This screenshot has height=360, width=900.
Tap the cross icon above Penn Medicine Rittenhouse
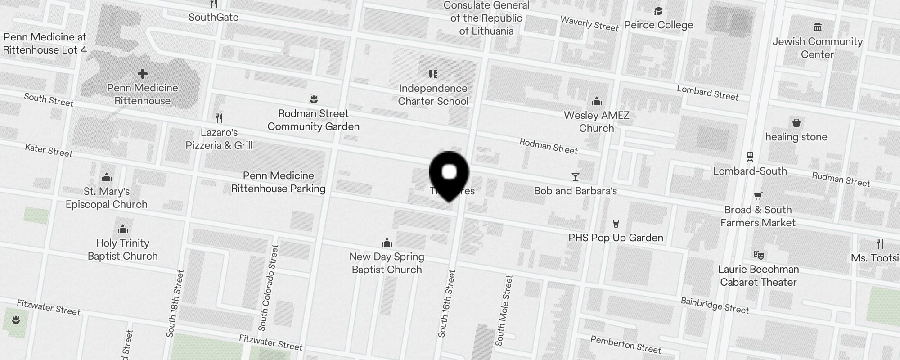143,74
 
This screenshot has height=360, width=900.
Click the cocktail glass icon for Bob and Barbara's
575,176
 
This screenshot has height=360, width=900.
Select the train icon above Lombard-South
750,157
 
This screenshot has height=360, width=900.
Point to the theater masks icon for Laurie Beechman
758,255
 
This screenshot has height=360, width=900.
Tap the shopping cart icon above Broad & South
758,196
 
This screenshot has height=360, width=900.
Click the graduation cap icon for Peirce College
658,11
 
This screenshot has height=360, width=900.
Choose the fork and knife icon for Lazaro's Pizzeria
219,118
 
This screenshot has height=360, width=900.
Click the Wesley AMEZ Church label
596,121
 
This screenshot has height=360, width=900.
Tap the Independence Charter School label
433,94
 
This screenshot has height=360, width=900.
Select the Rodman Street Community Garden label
313,120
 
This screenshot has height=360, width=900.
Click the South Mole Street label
504,310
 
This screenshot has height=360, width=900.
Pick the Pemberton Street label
625,344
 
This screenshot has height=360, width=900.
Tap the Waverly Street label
589,23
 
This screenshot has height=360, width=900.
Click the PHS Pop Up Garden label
616,238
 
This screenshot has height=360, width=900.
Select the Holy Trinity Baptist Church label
122,249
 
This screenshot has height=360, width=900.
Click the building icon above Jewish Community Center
817,28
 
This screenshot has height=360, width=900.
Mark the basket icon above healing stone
796,123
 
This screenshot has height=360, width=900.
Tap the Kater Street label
49,150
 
